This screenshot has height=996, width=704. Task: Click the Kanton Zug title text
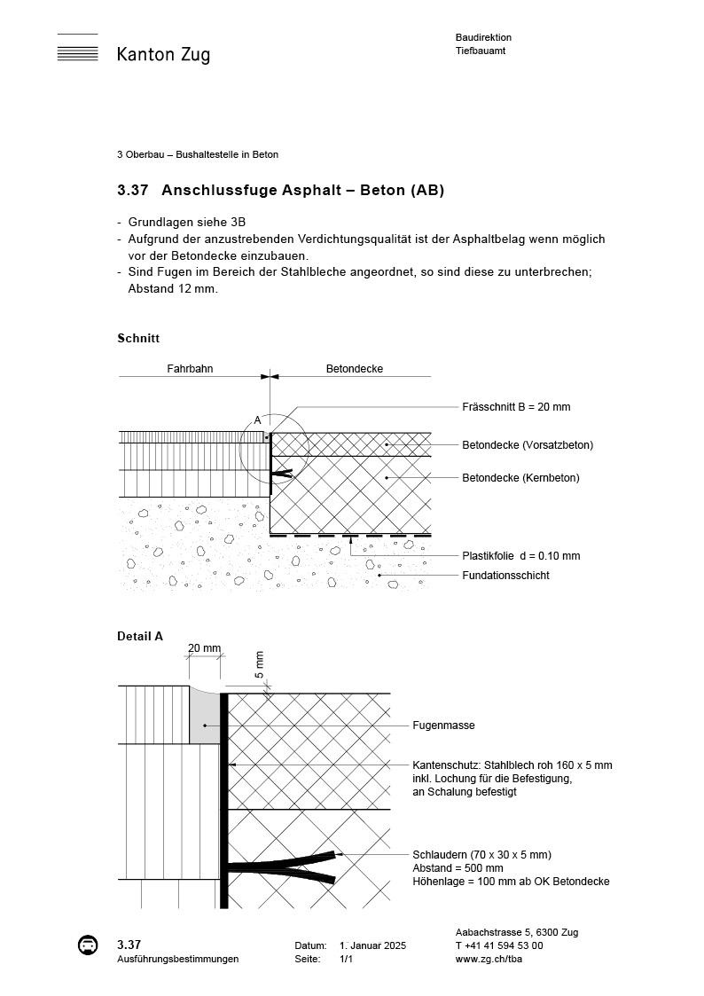(163, 55)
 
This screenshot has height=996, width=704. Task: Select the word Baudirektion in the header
(483, 37)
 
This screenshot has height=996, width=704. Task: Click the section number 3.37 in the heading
(133, 191)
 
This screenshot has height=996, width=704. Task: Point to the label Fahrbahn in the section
(190, 369)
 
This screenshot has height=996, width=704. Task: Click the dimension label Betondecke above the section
(354, 369)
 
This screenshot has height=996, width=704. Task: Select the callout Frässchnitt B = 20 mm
(516, 407)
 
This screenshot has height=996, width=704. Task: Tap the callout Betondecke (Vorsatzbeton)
(528, 444)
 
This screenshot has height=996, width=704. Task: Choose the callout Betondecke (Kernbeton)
(520, 478)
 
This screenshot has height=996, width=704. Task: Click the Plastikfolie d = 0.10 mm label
(520, 556)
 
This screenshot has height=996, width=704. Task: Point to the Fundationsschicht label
(505, 576)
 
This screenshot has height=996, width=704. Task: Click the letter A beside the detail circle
(257, 420)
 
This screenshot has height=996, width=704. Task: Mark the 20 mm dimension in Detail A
(204, 648)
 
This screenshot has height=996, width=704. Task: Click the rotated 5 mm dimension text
(260, 663)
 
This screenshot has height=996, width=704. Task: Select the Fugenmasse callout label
(443, 725)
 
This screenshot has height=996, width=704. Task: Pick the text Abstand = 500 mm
(458, 868)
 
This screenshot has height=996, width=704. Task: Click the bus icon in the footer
(88, 945)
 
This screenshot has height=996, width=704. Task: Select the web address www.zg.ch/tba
(487, 959)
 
